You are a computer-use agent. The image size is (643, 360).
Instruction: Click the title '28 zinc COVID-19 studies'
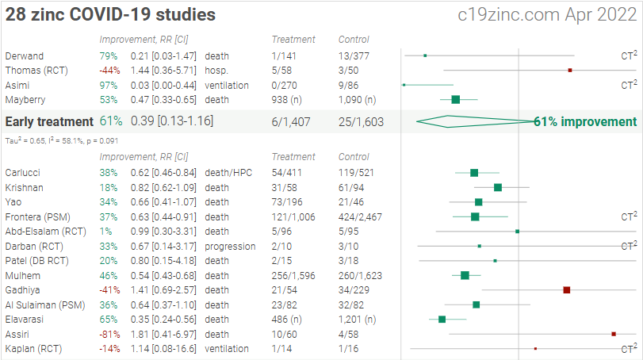[110, 15]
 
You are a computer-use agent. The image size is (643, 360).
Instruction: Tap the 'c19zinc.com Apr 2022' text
[548, 15]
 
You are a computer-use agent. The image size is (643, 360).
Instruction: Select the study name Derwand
[23, 56]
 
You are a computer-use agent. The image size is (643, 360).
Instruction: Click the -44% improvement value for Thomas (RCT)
[108, 70]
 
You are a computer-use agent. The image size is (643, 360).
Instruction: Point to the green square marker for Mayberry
[455, 99]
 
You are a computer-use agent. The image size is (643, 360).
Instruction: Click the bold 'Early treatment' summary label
[49, 121]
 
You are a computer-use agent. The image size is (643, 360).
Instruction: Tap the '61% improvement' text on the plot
[585, 121]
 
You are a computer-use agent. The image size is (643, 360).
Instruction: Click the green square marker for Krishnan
[498, 187]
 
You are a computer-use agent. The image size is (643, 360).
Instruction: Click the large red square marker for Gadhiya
[566, 290]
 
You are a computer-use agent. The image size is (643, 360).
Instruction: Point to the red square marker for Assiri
[614, 334]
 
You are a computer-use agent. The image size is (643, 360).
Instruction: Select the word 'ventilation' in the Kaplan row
[227, 349]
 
